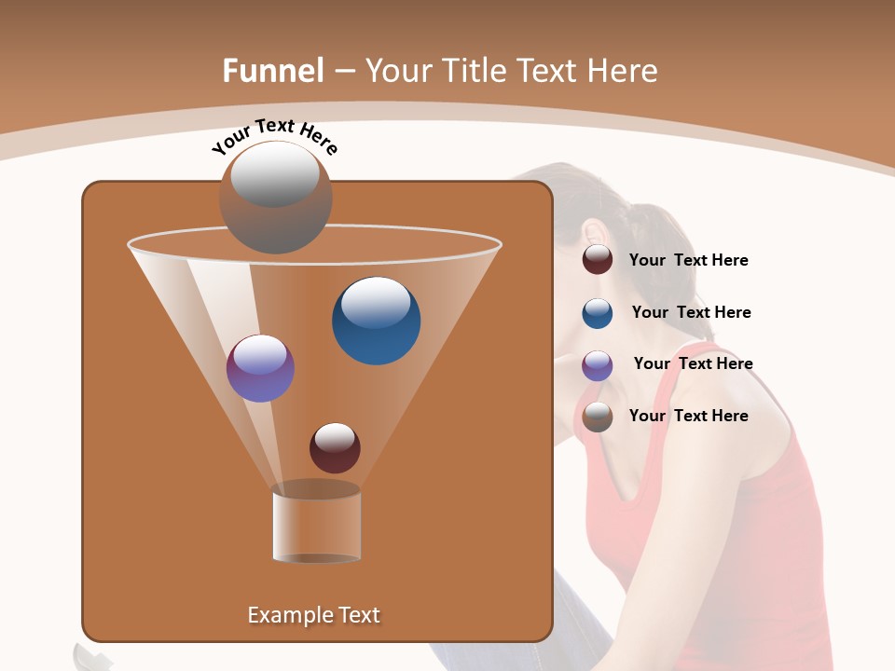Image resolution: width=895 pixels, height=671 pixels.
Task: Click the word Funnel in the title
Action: pyautogui.click(x=272, y=71)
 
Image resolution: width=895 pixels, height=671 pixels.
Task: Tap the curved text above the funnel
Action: pyautogui.click(x=274, y=136)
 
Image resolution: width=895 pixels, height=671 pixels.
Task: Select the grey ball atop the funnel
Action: pyautogui.click(x=275, y=198)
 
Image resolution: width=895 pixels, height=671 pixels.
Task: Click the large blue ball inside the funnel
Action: pyautogui.click(x=376, y=321)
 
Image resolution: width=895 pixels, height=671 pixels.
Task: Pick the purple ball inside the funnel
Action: pyautogui.click(x=260, y=368)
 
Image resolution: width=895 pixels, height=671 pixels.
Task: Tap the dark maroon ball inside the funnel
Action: pyautogui.click(x=335, y=447)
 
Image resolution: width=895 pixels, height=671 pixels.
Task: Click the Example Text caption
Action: pyautogui.click(x=313, y=615)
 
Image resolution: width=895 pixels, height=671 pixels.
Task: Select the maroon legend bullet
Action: pyautogui.click(x=598, y=260)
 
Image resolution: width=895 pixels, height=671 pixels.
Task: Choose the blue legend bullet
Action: pyautogui.click(x=598, y=313)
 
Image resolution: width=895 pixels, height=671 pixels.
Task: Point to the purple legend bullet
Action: pyautogui.click(x=598, y=365)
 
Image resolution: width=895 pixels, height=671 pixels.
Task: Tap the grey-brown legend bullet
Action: pyautogui.click(x=598, y=417)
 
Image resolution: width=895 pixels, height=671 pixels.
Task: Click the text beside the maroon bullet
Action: pyautogui.click(x=688, y=261)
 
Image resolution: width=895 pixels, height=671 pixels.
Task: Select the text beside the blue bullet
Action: pyautogui.click(x=691, y=313)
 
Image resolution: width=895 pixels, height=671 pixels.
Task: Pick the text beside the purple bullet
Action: pyautogui.click(x=693, y=364)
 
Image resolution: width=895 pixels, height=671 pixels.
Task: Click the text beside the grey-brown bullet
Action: pyautogui.click(x=688, y=416)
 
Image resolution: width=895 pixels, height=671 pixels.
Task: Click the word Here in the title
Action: pyautogui.click(x=622, y=71)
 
